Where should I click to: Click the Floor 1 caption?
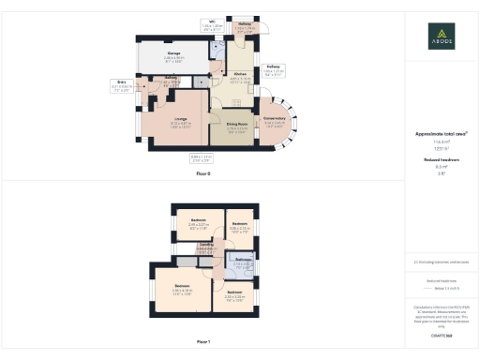click(203, 341)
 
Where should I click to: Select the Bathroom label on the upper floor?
click(243, 261)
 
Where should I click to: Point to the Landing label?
click(204, 246)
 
